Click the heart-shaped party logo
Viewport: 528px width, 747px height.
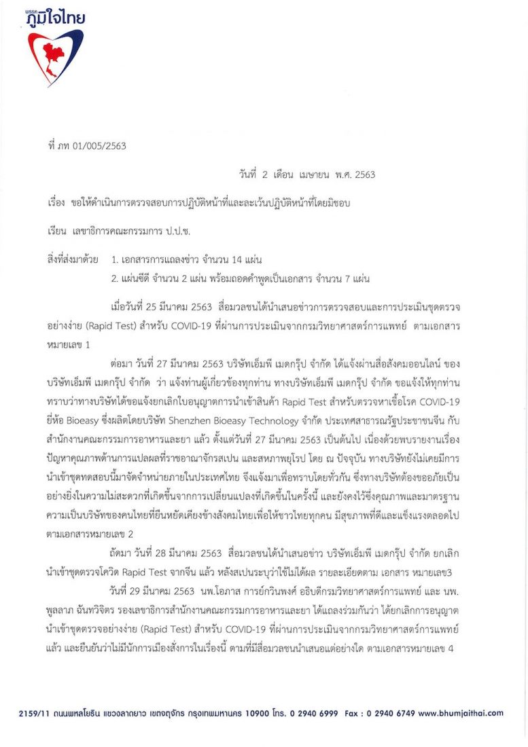[x=55, y=56]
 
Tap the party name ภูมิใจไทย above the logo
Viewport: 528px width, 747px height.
[x=57, y=18]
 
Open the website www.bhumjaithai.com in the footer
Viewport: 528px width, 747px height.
[x=461, y=714]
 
